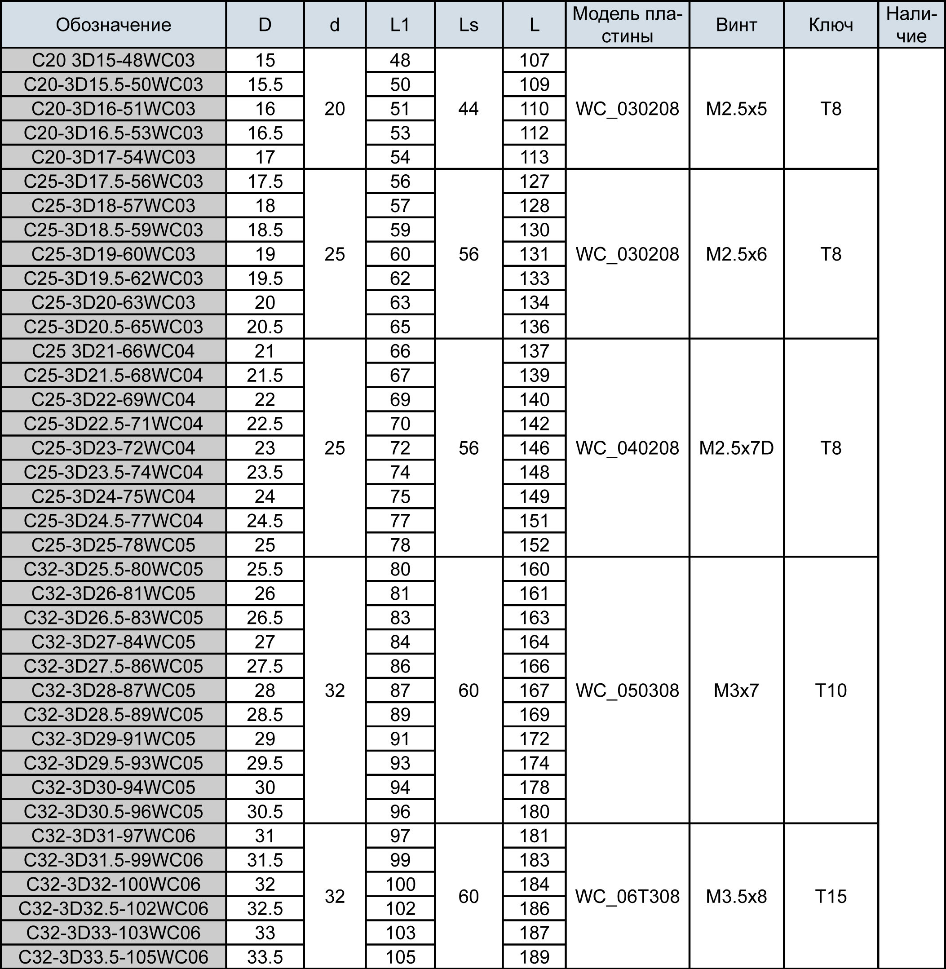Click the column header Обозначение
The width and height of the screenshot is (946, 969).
[x=113, y=25]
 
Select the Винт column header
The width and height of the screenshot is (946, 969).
[x=736, y=25]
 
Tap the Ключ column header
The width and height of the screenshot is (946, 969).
[x=831, y=25]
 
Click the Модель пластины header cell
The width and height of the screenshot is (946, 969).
[x=627, y=25]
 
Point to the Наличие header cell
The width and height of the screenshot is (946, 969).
[x=911, y=25]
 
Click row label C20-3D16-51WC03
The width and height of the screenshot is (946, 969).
[x=113, y=109]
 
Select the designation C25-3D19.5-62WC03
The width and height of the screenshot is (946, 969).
[x=113, y=278]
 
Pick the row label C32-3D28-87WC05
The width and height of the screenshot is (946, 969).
[x=113, y=690]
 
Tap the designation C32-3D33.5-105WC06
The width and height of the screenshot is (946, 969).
[x=113, y=957]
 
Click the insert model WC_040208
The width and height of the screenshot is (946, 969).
[x=627, y=448]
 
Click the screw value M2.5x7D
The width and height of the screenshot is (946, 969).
[x=736, y=448]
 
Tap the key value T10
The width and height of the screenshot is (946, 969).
[x=831, y=690]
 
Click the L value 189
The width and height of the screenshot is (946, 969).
[x=534, y=957]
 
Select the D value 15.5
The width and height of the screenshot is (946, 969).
[x=265, y=84]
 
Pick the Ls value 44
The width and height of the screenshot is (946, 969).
[x=469, y=109]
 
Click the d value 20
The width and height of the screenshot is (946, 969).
[x=334, y=109]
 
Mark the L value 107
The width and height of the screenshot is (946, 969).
[x=534, y=60]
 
